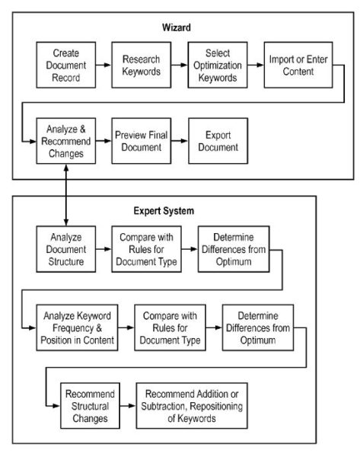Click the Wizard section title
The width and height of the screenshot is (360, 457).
[176, 27]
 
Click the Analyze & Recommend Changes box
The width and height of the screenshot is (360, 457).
[66, 141]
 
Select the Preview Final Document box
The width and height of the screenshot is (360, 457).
[142, 141]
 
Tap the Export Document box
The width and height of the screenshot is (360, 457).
[217, 141]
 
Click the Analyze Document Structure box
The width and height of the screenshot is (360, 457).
[66, 247]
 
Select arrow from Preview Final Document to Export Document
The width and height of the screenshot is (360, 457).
[179, 141]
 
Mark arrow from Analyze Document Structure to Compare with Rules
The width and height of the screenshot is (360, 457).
[104, 247]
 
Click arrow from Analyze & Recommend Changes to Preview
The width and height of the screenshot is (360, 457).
[104, 141]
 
